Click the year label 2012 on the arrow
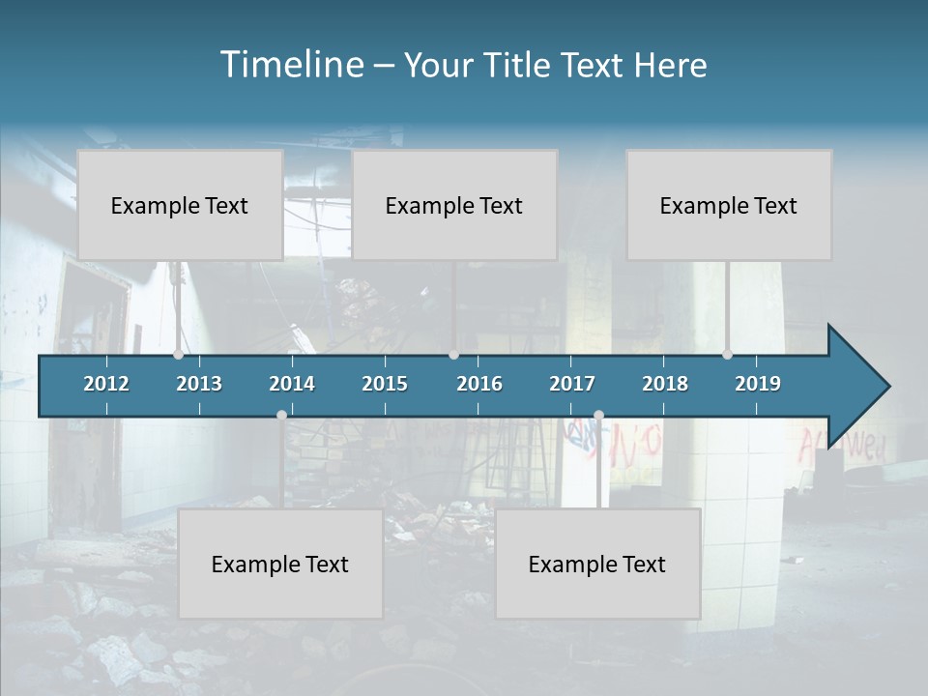(106, 384)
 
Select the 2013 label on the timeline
(199, 384)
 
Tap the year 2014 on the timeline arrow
(292, 384)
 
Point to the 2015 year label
(385, 384)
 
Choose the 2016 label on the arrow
(479, 384)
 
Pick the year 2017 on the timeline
(572, 384)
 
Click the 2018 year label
(665, 384)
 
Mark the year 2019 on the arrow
(758, 384)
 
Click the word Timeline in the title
(292, 65)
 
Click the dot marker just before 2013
(178, 355)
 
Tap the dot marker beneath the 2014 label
(281, 415)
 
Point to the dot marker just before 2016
(453, 355)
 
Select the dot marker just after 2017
(598, 415)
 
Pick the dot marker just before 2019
(727, 355)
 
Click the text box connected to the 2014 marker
(280, 564)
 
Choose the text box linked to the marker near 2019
(729, 205)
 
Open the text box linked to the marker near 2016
(454, 205)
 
